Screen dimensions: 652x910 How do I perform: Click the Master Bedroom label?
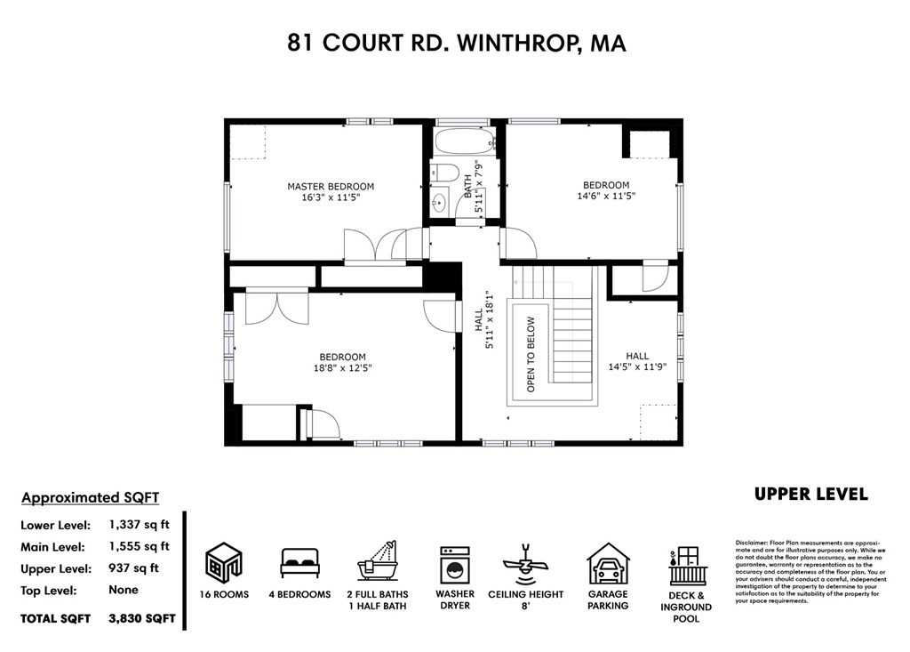pyautogui.click(x=331, y=187)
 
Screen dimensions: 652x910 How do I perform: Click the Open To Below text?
pyautogui.click(x=531, y=354)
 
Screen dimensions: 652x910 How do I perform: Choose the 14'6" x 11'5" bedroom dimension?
pyautogui.click(x=607, y=196)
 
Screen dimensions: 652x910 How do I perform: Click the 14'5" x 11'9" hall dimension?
pyautogui.click(x=637, y=366)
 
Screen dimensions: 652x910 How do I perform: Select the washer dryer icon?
pyautogui.click(x=455, y=564)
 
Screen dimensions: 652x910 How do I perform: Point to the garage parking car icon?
pyautogui.click(x=608, y=564)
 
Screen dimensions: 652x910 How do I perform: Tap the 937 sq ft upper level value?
pyautogui.click(x=138, y=568)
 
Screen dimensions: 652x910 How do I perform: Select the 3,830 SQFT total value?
pyautogui.click(x=142, y=617)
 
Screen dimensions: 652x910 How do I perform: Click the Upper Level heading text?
pyautogui.click(x=810, y=495)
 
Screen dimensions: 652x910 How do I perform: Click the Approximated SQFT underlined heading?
pyautogui.click(x=90, y=497)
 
